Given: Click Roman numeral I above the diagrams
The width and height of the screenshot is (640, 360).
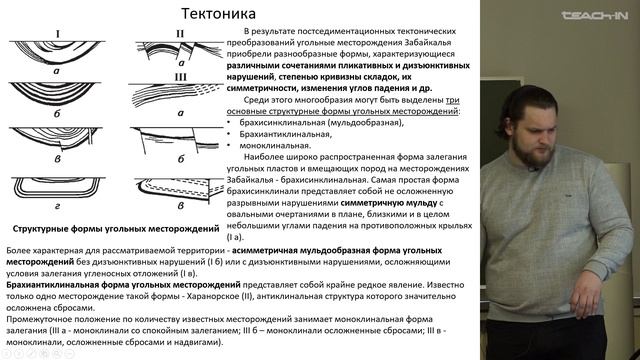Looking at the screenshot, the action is (x=58, y=35).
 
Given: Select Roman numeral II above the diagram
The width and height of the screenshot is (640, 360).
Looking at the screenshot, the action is (x=180, y=35).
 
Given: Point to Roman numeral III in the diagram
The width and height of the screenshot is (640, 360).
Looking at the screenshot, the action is (x=181, y=76).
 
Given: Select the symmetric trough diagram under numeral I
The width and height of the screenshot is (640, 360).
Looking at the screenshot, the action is (x=58, y=53).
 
